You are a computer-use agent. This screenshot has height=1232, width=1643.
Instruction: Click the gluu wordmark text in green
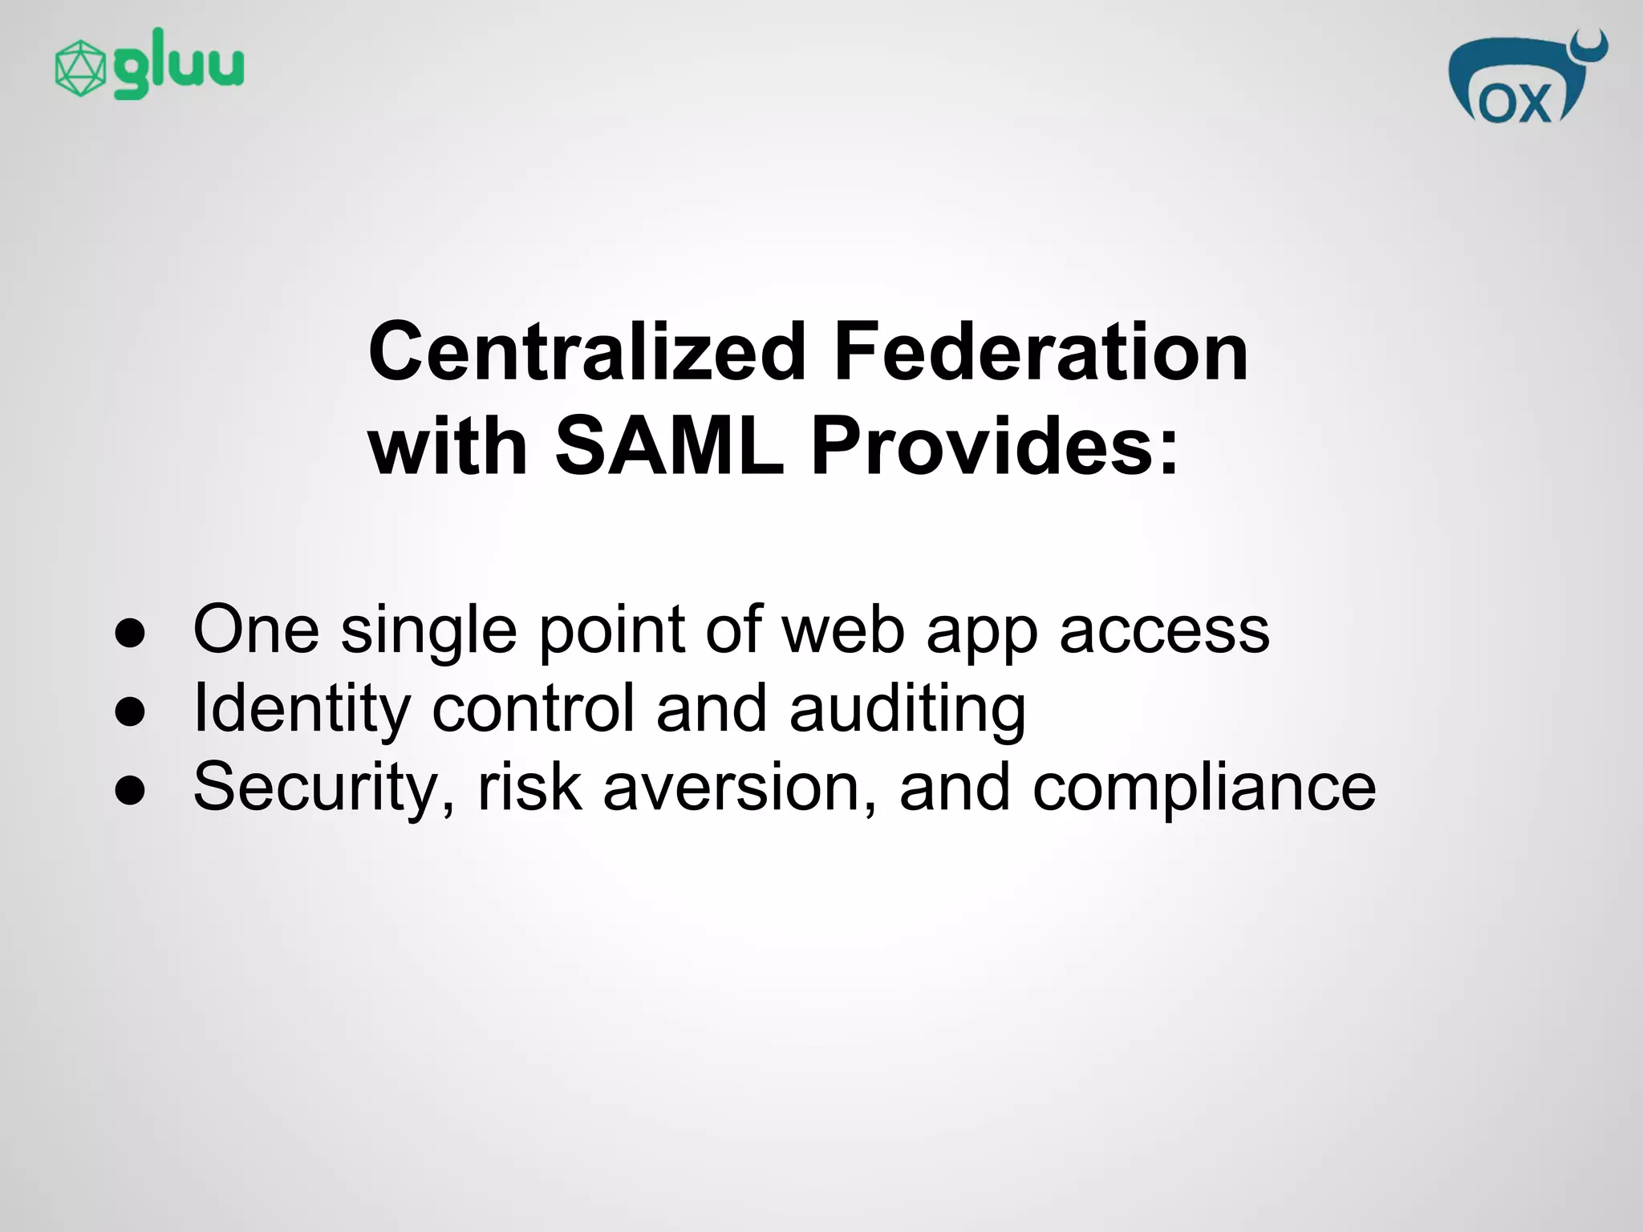[178, 64]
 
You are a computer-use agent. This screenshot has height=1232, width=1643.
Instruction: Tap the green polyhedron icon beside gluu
[79, 69]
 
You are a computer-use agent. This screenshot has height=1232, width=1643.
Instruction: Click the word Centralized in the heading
[586, 351]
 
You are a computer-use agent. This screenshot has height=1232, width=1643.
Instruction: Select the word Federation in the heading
[1041, 351]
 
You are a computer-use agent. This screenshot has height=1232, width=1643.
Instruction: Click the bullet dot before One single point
[130, 634]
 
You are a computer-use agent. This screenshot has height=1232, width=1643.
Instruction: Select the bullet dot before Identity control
[130, 711]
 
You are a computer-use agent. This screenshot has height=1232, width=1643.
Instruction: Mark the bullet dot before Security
[130, 790]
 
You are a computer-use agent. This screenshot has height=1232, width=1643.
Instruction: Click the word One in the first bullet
[256, 630]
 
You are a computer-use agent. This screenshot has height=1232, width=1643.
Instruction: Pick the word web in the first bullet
[843, 630]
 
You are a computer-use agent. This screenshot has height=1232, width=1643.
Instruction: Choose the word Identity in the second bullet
[302, 709]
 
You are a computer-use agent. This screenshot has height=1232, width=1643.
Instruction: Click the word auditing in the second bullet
[907, 709]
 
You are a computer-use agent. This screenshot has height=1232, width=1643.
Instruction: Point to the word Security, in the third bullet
[324, 788]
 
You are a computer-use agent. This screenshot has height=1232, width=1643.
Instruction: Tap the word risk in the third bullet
[529, 788]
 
